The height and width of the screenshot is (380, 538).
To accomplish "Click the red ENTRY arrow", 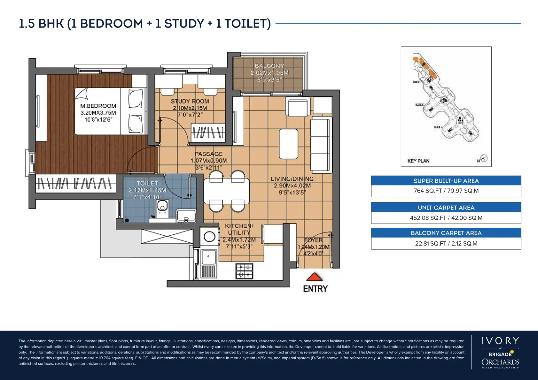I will point(315,277).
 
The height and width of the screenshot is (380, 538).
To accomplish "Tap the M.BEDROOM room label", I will point(98,106).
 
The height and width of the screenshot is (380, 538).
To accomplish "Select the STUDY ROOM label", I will point(190,101).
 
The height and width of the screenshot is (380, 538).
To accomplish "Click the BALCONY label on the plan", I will point(269,66).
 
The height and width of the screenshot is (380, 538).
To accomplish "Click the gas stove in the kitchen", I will point(244,271).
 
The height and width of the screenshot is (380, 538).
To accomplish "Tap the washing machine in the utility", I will point(209,237).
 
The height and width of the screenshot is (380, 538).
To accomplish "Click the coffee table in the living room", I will point(288,144).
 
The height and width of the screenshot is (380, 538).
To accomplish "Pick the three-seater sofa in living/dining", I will point(320,145).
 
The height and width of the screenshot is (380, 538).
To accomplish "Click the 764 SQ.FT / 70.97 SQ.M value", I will point(446,191).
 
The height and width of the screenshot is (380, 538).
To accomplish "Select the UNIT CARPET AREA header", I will point(446,208).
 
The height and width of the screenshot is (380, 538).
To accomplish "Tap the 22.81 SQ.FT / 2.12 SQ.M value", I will point(446,244).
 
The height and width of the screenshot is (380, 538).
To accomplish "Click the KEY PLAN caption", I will point(418,161).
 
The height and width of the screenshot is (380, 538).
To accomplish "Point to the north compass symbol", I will point(484,158).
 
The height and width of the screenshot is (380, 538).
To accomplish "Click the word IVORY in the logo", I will point(500,341).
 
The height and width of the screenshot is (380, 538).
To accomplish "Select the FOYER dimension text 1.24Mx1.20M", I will point(313,247).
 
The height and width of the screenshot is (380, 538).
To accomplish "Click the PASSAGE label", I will point(208,154).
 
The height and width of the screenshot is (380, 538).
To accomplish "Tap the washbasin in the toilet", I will point(186,216).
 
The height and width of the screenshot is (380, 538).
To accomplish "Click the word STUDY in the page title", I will point(184,24).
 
